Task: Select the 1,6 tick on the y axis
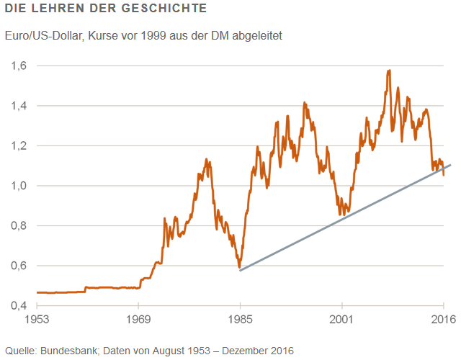coord(19,66)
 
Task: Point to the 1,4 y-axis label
coord(19,106)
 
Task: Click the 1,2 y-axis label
coord(19,145)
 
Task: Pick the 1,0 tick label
coord(19,186)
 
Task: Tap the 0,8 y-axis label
coord(19,225)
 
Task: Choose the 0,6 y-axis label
coord(19,266)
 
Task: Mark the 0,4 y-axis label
coord(19,305)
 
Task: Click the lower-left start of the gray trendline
coord(241,270)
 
